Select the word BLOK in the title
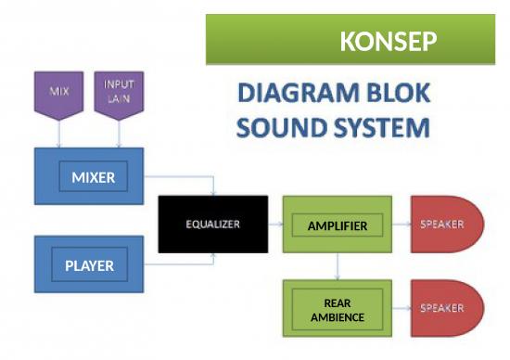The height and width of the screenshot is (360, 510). click(400, 96)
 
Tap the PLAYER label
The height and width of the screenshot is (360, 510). click(89, 265)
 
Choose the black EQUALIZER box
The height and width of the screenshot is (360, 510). click(212, 224)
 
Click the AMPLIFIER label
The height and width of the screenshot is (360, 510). click(337, 225)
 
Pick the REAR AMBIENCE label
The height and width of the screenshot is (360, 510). click(337, 311)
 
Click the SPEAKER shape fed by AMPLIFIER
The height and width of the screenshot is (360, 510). click(447, 225)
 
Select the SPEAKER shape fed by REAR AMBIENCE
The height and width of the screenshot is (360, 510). click(447, 307)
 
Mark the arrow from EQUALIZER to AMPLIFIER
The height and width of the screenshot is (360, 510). click(274, 225)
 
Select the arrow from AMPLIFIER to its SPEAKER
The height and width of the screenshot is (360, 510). click(402, 225)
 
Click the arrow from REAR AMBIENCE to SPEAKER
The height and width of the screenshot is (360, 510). click(402, 307)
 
